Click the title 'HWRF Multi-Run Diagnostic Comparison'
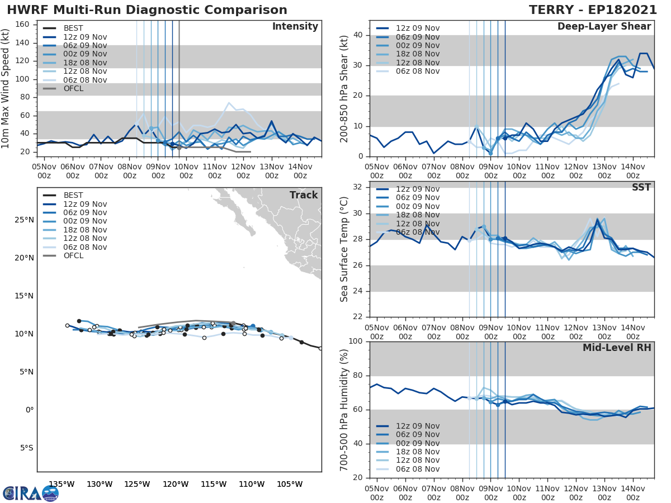(x=147, y=10)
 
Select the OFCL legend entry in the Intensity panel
(x=69, y=88)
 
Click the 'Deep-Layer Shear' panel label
(x=604, y=27)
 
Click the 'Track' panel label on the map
(x=304, y=195)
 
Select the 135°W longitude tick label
(x=62, y=484)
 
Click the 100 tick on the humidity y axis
(x=356, y=341)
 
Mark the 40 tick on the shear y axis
(x=358, y=35)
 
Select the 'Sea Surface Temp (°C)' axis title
(x=344, y=249)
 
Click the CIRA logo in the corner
(x=31, y=493)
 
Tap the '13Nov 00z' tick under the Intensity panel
(x=271, y=171)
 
